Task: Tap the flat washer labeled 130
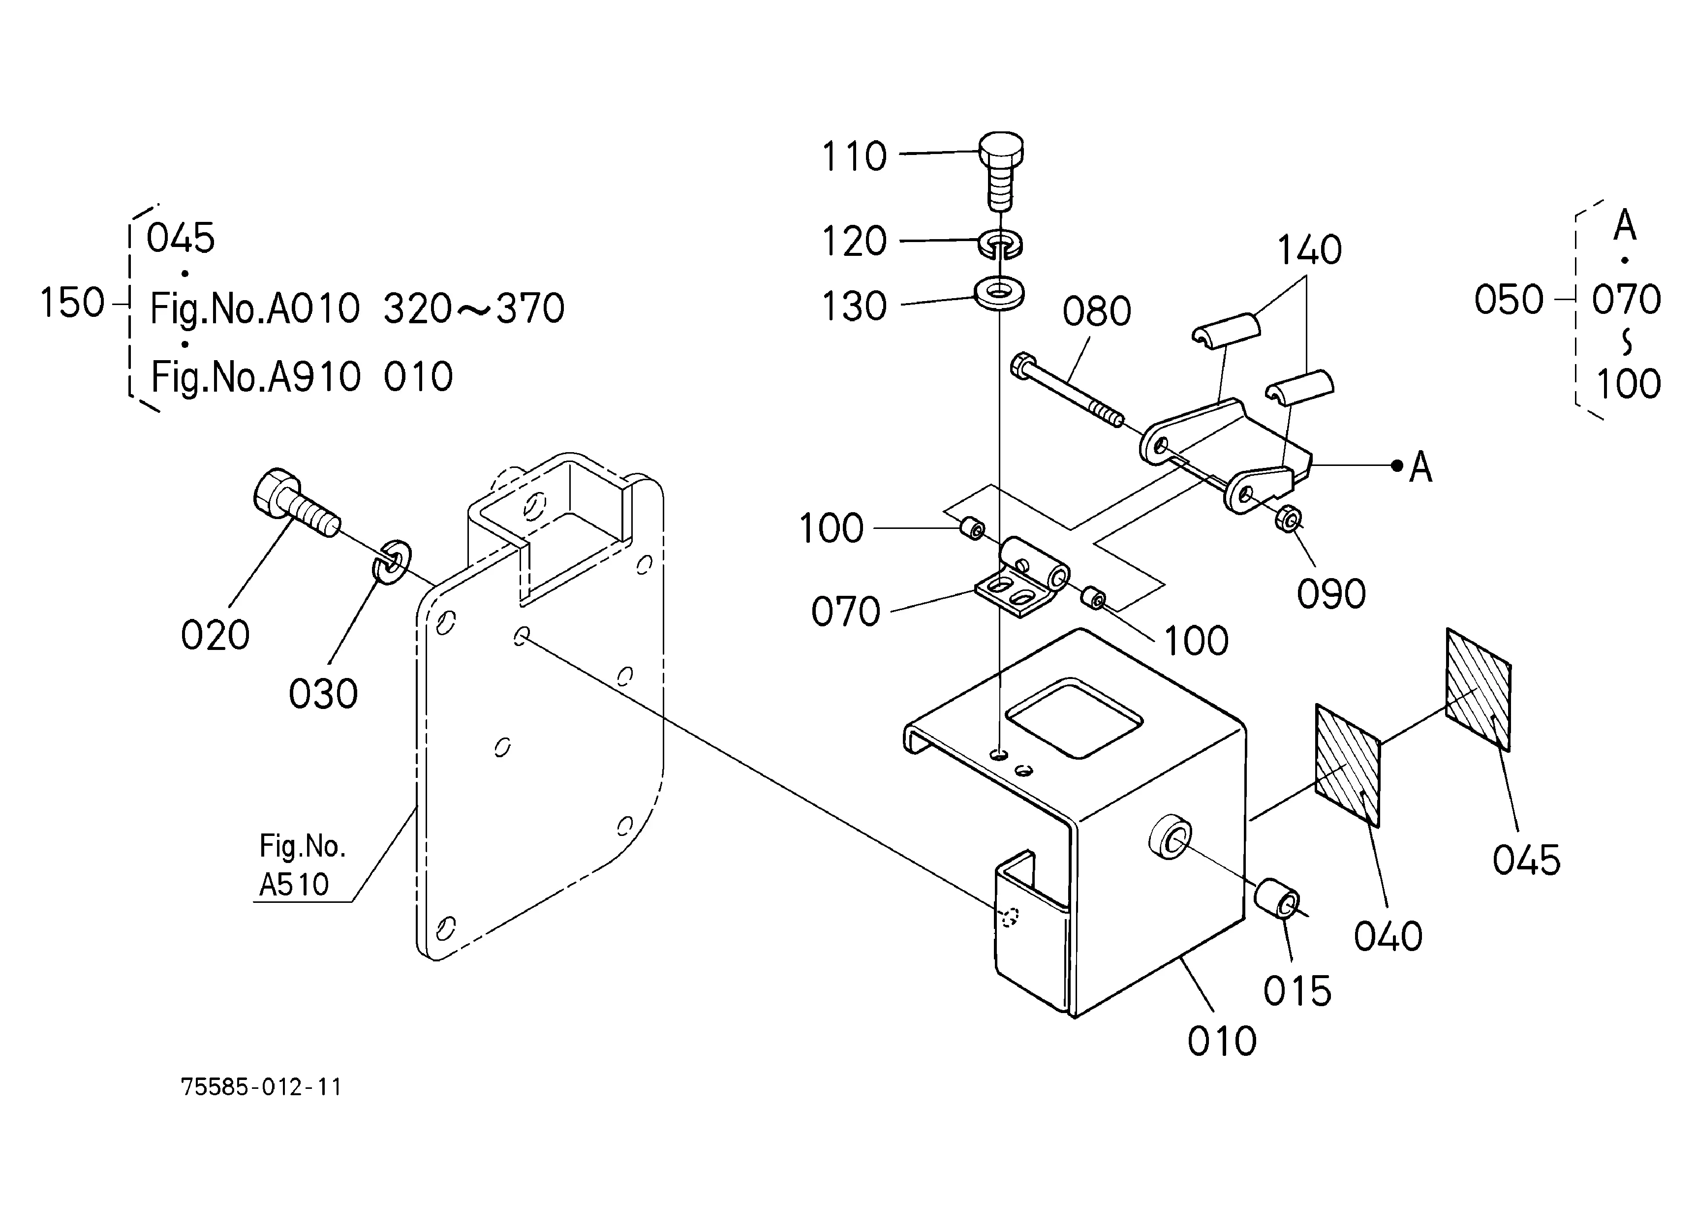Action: pyautogui.click(x=1000, y=292)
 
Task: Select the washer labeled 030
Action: pyautogui.click(x=391, y=560)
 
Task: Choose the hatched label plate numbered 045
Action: pyautogui.click(x=1478, y=689)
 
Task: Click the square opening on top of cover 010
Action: pyautogui.click(x=1074, y=717)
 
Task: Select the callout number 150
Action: pyautogui.click(x=72, y=303)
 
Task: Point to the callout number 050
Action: pyautogui.click(x=1509, y=300)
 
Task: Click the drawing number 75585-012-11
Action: pyautogui.click(x=261, y=1087)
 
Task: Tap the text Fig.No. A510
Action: pyautogui.click(x=302, y=865)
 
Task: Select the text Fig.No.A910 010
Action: pyautogui.click(x=302, y=376)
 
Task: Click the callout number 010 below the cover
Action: pyautogui.click(x=1222, y=1041)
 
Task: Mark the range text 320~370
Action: pyautogui.click(x=474, y=308)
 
